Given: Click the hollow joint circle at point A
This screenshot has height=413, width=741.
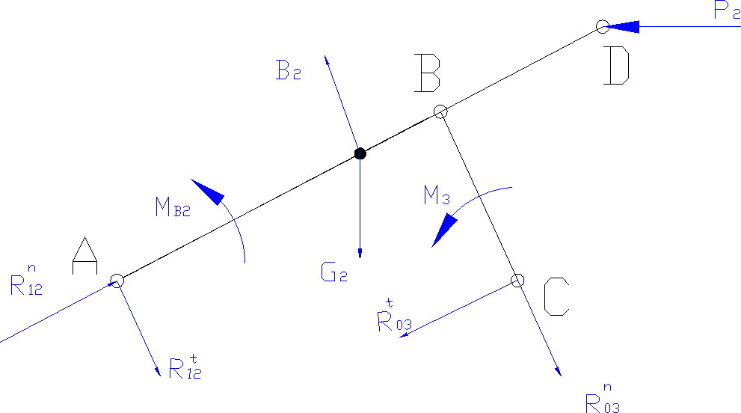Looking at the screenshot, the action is (117, 281).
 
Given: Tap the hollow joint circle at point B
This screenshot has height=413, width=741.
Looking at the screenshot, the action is (440, 111).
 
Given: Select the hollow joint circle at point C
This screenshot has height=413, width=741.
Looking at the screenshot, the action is (517, 281).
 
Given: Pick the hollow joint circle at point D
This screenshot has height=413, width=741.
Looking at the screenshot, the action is (602, 27).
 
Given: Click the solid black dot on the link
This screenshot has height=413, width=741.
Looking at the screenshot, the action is (360, 153).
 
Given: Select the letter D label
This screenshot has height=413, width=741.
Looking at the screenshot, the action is (618, 67).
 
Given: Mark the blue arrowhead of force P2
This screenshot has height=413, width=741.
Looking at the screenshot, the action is (622, 27).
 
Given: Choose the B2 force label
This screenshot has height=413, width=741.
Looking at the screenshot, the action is (288, 71).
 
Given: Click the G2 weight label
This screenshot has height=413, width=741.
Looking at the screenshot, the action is (333, 273).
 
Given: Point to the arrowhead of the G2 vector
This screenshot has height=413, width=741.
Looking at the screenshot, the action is (360, 253).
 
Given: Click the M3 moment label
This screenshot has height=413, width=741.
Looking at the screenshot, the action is (436, 198).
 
